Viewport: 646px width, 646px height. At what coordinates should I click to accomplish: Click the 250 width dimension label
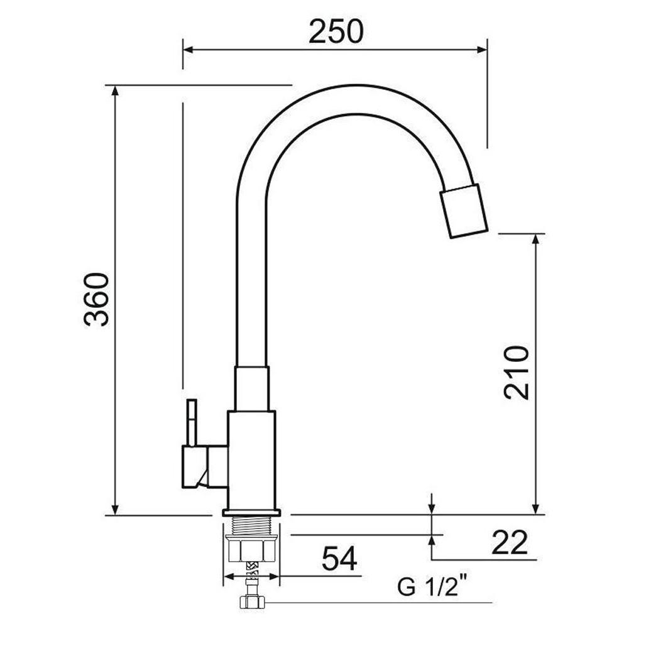(x=336, y=31)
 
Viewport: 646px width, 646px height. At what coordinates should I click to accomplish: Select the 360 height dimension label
(x=97, y=299)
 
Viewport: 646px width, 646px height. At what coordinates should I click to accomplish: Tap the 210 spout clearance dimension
(x=517, y=372)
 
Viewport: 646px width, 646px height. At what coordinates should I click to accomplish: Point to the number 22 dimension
(x=509, y=543)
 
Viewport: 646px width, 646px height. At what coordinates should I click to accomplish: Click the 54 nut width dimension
(x=339, y=558)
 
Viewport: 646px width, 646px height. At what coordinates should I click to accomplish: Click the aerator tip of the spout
(x=464, y=211)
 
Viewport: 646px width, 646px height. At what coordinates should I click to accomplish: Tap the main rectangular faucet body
(x=251, y=459)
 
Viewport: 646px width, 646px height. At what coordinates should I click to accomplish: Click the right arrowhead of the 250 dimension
(x=483, y=49)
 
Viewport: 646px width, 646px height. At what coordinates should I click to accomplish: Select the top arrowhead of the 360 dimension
(x=115, y=90)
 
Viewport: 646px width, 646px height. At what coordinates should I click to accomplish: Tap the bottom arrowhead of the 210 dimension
(x=535, y=509)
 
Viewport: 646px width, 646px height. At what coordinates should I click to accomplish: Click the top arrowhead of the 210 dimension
(x=535, y=239)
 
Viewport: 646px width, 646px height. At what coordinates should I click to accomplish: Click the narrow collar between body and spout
(x=251, y=388)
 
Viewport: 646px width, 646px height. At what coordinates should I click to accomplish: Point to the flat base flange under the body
(x=251, y=512)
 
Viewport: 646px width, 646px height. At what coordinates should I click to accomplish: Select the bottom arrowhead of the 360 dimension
(x=115, y=510)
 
